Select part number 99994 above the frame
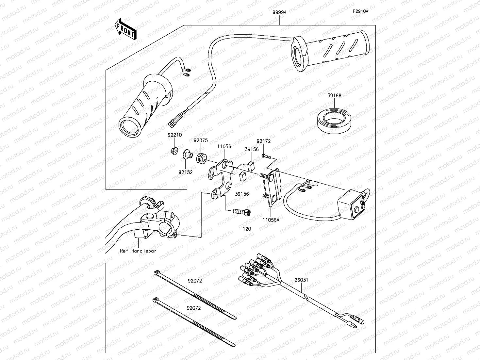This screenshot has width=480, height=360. pyautogui.click(x=280, y=12)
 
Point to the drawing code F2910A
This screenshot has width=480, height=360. pyautogui.click(x=360, y=11)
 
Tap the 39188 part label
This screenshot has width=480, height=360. pyautogui.click(x=334, y=96)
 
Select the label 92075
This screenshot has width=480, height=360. pyautogui.click(x=201, y=140)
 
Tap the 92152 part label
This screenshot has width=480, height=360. pyautogui.click(x=186, y=172)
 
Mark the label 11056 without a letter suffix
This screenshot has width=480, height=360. pyautogui.click(x=224, y=146)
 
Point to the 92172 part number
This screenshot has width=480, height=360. pyautogui.click(x=264, y=141)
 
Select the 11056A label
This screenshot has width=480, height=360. pyautogui.click(x=271, y=220)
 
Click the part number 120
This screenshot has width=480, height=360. pyautogui.click(x=247, y=229)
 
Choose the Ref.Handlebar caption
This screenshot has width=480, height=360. pyautogui.click(x=138, y=251)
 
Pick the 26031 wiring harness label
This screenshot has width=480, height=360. pyautogui.click(x=301, y=280)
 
